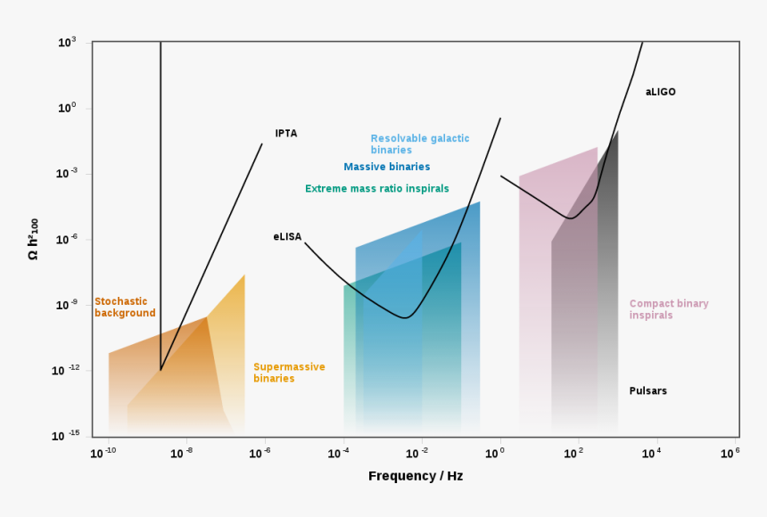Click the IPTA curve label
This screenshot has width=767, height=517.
tap(286, 134)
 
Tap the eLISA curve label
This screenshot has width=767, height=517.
tap(287, 237)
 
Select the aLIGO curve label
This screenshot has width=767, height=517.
tap(661, 92)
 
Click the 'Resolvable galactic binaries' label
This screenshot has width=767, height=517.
tap(419, 144)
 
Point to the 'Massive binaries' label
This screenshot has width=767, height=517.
tap(387, 167)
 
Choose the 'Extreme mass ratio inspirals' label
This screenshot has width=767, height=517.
tap(377, 189)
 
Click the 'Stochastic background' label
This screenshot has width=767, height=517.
tap(125, 308)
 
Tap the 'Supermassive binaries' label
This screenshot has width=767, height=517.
tap(289, 373)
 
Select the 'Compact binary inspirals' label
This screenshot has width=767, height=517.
tap(669, 309)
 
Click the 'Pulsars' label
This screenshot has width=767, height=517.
tap(648, 391)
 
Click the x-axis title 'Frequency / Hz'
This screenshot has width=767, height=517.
tap(416, 476)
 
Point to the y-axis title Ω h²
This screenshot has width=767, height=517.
tap(34, 239)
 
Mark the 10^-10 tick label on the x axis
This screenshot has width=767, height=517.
tap(103, 453)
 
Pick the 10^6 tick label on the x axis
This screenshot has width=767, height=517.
tap(731, 453)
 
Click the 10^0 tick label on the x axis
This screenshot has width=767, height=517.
tap(496, 453)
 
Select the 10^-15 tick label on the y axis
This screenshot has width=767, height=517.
tap(67, 436)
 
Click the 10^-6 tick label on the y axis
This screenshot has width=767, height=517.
tap(67, 239)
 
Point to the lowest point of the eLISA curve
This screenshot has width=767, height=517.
tap(404, 318)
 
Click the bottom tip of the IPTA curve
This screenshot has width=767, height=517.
tap(161, 370)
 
